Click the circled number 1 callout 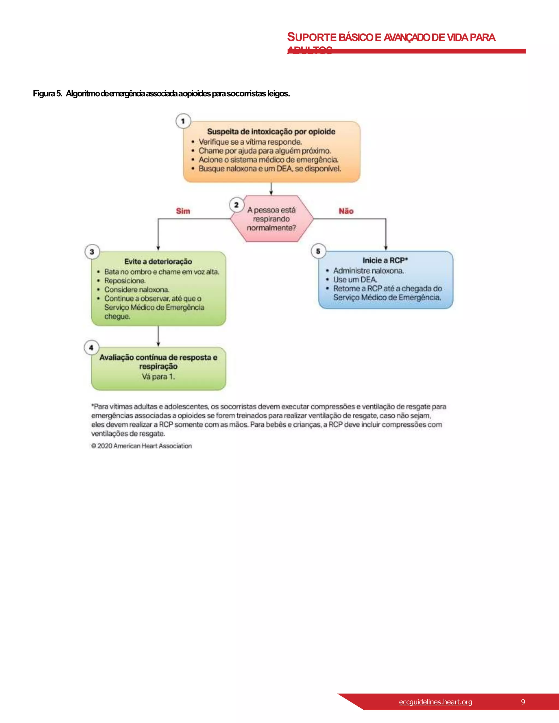coord(183,121)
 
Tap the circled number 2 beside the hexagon coord(236,205)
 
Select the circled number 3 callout coord(92,252)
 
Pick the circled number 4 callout coord(91,348)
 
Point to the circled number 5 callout coord(318,251)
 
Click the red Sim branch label coord(183,211)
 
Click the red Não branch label coord(346,211)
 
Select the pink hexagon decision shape coord(272,219)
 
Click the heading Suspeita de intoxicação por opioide coord(271,132)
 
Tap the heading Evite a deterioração coord(158,261)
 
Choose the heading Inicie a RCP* coord(385,260)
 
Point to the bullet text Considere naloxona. coord(136,289)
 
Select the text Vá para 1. coord(158,377)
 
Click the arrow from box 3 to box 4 coord(158,336)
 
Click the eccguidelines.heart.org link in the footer coord(435,701)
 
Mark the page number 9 coord(523,701)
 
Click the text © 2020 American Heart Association coord(141,446)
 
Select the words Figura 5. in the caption coord(47,94)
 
